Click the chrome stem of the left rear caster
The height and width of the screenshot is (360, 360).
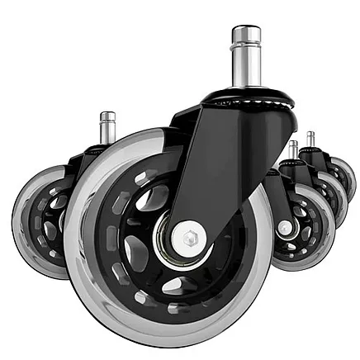pos(107,128)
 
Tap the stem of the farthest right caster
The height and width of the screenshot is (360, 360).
pos(310,140)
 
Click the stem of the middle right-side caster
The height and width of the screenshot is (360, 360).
pos(293,150)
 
